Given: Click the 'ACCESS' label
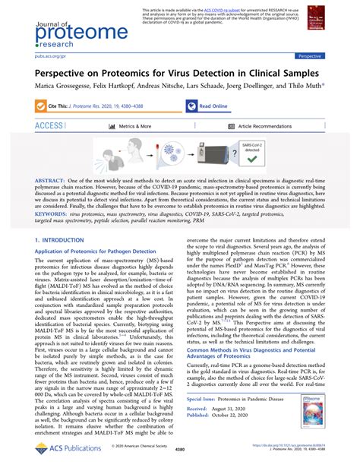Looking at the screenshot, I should [49, 126].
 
